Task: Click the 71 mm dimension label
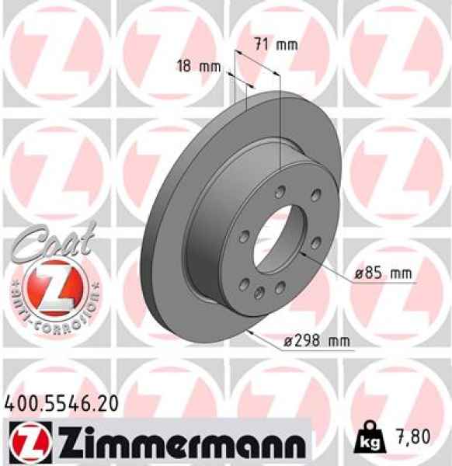276,44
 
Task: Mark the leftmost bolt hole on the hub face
243,234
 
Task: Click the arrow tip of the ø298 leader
247,329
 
